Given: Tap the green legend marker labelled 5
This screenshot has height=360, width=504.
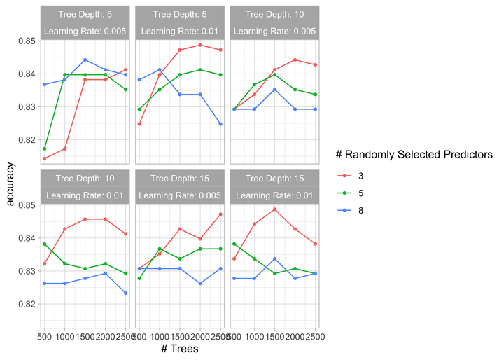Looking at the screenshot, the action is click(x=345, y=193).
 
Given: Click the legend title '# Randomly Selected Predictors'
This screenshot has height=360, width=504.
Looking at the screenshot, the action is click(x=414, y=155).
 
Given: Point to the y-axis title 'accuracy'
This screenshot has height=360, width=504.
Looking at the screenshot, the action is click(x=10, y=184).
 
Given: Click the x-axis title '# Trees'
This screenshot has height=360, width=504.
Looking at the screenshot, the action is click(x=180, y=348).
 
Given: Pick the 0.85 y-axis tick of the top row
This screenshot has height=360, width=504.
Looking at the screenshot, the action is click(x=27, y=41).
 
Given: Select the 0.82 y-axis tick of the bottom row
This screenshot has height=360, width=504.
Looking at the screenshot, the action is click(x=27, y=304).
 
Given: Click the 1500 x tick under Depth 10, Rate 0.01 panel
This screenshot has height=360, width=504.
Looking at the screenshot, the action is click(x=85, y=337).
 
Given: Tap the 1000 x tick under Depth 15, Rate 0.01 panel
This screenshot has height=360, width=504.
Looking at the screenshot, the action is click(x=255, y=337).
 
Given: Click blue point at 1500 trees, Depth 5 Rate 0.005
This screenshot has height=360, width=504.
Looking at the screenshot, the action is click(x=85, y=60).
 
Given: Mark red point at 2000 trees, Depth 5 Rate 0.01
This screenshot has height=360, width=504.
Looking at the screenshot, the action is click(x=200, y=45).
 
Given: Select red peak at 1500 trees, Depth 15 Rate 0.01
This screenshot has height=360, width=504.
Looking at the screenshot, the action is click(x=275, y=209).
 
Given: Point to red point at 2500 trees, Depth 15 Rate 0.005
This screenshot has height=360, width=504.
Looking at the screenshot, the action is click(x=220, y=214).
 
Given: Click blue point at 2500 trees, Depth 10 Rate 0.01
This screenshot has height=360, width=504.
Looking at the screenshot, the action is click(x=126, y=293).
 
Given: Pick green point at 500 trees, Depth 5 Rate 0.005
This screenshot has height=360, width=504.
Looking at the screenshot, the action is click(x=44, y=148).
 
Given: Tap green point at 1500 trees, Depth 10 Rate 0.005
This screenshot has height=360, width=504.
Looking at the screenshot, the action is click(x=275, y=75).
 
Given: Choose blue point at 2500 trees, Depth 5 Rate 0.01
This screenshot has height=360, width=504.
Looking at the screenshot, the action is click(x=220, y=124).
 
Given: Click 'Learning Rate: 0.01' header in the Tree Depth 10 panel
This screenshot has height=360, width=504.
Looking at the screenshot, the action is click(x=85, y=195).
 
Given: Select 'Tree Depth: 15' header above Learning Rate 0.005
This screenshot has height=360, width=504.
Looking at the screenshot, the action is click(x=180, y=179).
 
